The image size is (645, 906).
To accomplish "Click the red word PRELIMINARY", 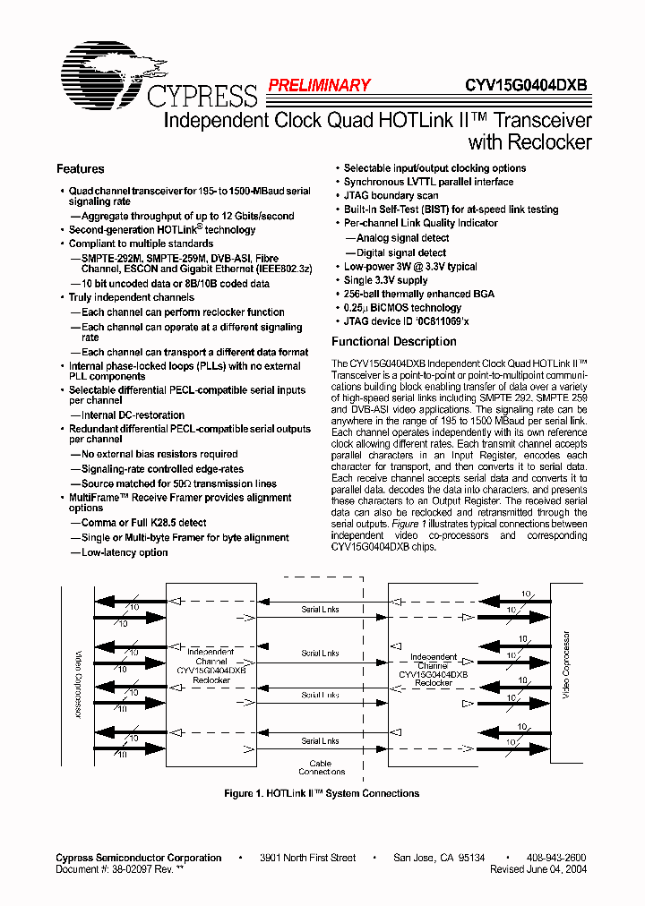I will point(318,86).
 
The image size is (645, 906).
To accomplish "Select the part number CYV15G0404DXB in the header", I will point(526,86).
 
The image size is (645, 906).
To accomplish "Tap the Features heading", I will point(81,169).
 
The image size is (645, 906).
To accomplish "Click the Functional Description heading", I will point(394,341).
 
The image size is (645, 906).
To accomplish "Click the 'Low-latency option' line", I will point(125,552).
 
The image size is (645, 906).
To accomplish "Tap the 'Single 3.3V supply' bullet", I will point(386,280).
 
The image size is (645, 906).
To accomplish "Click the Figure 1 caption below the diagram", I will point(321,793).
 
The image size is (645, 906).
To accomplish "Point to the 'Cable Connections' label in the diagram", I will point(321,767).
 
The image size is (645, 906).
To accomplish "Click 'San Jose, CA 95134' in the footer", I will point(439,858).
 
